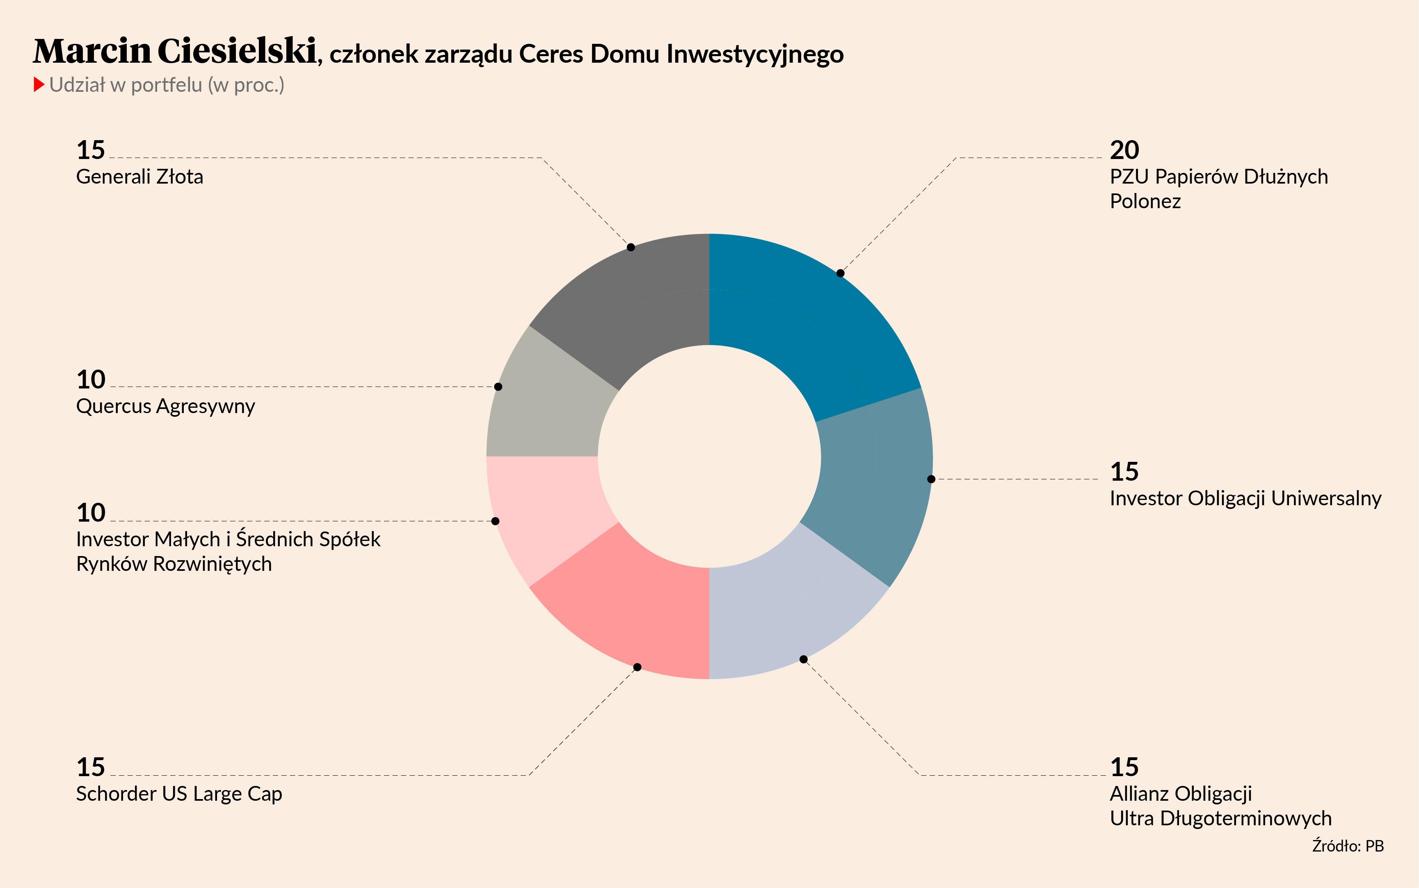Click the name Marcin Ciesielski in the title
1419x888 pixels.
point(175,52)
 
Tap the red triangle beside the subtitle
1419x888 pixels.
point(39,84)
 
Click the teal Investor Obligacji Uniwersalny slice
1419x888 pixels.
point(870,488)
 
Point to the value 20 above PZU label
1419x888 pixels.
point(1124,150)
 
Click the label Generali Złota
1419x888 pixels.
point(139,177)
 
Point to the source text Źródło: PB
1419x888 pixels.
point(1347,846)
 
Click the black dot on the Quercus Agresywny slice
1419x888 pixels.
point(498,386)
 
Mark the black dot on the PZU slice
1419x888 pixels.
point(840,273)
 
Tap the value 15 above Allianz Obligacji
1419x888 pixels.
point(1124,767)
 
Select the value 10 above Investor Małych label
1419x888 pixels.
point(91,513)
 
